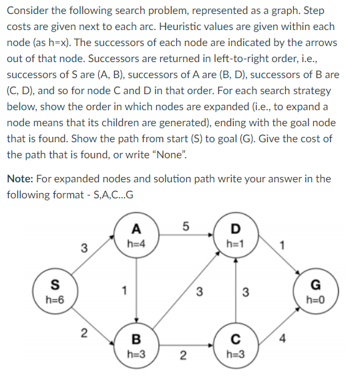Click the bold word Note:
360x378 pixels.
[21, 179]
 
